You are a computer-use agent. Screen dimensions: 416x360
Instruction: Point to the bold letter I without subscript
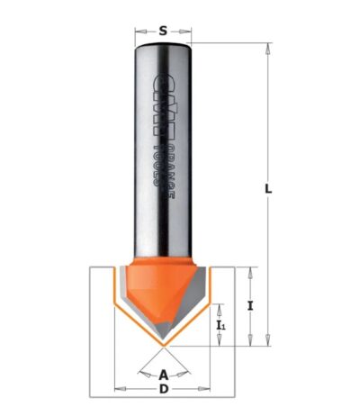(x=251, y=305)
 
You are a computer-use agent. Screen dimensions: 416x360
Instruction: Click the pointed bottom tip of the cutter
(x=163, y=345)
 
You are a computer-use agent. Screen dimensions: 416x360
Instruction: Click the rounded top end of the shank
(x=163, y=48)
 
